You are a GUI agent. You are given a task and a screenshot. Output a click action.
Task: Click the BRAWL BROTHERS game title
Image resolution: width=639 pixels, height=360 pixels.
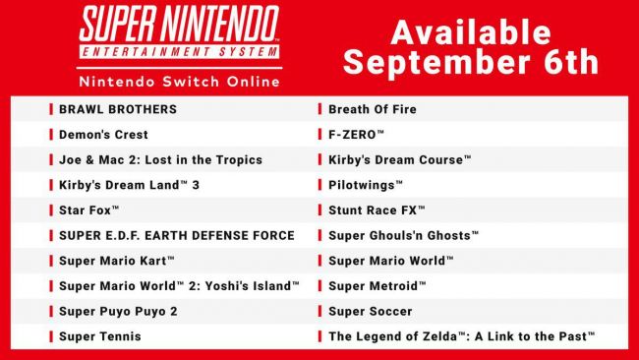coord(118,109)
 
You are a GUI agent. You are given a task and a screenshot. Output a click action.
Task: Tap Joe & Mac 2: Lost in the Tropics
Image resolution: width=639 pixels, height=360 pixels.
coord(160,159)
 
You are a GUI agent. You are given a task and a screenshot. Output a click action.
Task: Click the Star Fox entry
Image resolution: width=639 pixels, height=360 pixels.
coord(89,210)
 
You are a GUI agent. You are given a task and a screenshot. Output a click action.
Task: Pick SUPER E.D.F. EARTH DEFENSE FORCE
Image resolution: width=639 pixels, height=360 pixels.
coord(176,235)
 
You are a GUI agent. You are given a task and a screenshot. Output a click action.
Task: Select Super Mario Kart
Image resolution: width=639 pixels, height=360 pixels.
coord(117,261)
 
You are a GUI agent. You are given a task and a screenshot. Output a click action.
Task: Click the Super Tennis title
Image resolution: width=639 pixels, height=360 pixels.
coord(100,336)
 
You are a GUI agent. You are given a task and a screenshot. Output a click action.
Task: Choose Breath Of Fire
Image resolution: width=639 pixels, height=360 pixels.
coord(373,109)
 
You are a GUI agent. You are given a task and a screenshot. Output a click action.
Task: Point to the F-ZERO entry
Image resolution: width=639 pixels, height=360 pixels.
coord(357,134)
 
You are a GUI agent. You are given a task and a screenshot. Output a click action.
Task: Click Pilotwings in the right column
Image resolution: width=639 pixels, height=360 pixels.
coord(366,185)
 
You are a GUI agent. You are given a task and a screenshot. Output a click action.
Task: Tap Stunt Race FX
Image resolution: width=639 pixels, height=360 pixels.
coord(377,210)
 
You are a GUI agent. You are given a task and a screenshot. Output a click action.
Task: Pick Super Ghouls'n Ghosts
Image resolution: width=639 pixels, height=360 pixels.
coord(404,235)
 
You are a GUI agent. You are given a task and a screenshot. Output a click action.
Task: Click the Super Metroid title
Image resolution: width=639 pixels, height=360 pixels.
coord(378,285)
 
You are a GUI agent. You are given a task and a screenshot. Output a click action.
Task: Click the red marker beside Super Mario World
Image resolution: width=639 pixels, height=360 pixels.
coord(320,261)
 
